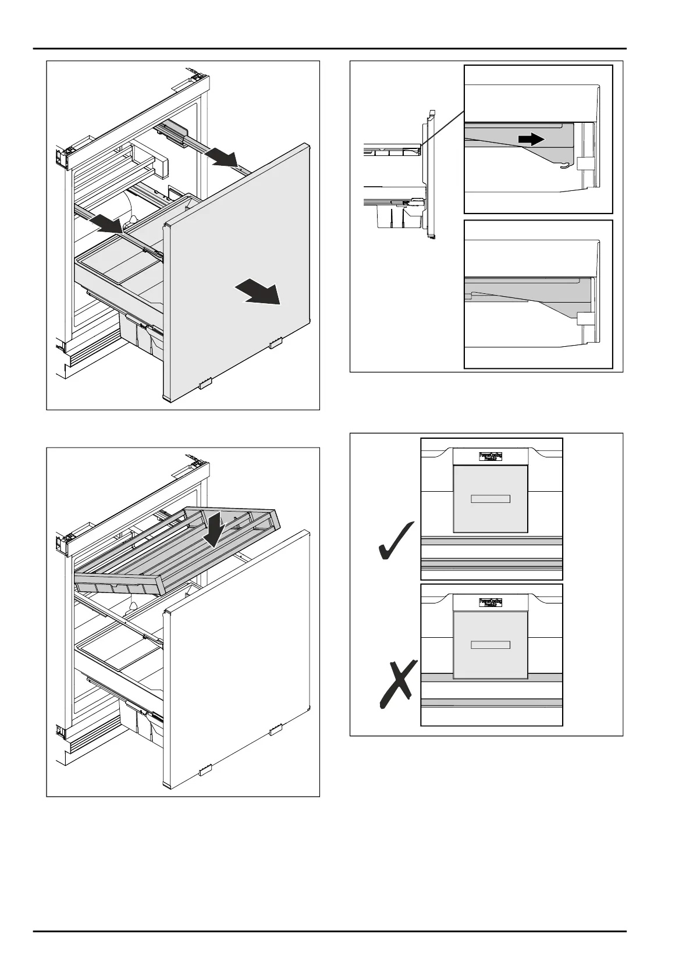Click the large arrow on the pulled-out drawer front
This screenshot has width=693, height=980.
(x=259, y=292)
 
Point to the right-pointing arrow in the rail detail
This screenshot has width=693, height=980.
(x=531, y=139)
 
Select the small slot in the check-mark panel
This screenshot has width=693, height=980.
(x=490, y=499)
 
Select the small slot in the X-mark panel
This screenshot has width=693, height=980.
(x=490, y=645)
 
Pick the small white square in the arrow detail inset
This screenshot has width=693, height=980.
(x=584, y=164)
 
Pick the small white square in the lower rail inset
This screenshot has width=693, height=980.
(x=584, y=318)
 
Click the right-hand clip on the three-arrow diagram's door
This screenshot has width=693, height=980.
(x=275, y=343)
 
